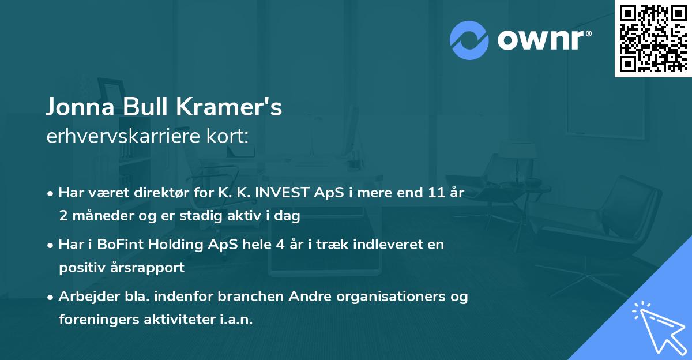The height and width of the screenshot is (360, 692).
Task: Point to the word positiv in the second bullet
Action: coord(82,267)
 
